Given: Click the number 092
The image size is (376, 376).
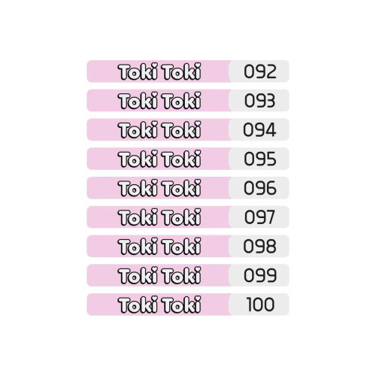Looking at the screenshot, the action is pos(260,71).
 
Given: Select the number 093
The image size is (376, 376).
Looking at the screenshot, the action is pos(260,101).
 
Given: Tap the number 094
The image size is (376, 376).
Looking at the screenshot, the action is pos(259,130).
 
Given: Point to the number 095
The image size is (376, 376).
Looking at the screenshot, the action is pos(260,159).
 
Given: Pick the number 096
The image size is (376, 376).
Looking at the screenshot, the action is pos(260,188).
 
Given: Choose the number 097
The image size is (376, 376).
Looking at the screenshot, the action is pos(259,217).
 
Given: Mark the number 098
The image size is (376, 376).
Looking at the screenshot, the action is pos(260,246).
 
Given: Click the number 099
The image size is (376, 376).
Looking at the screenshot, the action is pos(260,275).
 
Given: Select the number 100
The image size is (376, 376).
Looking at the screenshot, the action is pos(260,305).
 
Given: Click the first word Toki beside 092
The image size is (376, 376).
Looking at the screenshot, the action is pos(138,71).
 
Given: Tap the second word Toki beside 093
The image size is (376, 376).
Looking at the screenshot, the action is pos(181,101).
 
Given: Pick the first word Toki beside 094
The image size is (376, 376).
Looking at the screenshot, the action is pos(138,130).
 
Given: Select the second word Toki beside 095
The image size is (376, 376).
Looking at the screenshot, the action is pos(181,159).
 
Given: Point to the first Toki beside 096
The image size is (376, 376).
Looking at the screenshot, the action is pos(138,188).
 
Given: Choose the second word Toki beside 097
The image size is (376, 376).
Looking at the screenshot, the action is pos(181,217).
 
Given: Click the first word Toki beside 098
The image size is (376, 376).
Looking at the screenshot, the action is pos(138,246).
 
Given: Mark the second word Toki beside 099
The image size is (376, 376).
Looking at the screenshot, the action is pos(181,275).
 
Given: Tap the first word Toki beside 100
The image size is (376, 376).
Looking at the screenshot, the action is pos(138,305).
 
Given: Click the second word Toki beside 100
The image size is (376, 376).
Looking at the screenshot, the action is pos(181,305).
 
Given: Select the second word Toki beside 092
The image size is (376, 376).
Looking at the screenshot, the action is pos(181,71).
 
